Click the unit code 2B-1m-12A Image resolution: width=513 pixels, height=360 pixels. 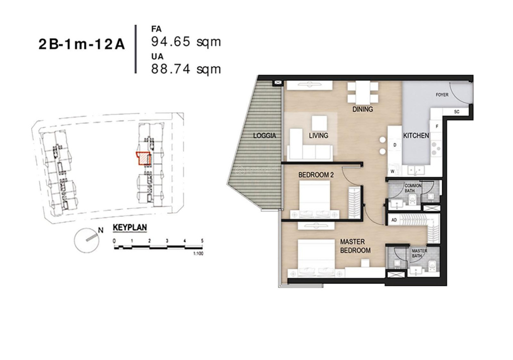(x=81, y=45)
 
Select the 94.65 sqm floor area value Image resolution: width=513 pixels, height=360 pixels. (x=186, y=42)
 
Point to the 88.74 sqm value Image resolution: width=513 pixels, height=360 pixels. (x=186, y=69)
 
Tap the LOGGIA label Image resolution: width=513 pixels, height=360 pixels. (x=264, y=136)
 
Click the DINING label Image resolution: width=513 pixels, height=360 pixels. (x=362, y=109)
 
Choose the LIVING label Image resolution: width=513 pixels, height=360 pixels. (x=318, y=136)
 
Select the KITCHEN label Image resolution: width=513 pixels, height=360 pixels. (x=416, y=136)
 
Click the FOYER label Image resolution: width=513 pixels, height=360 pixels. (x=442, y=94)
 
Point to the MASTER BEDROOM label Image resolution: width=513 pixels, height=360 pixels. (x=355, y=246)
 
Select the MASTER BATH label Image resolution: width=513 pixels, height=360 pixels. (x=419, y=253)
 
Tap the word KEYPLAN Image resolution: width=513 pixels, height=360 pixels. (x=130, y=227)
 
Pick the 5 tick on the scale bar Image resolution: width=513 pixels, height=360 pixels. (x=202, y=241)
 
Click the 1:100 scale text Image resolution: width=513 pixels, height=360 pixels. (x=198, y=254)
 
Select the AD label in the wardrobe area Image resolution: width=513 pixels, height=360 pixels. (x=395, y=220)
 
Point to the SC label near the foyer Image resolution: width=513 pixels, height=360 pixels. (x=456, y=111)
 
